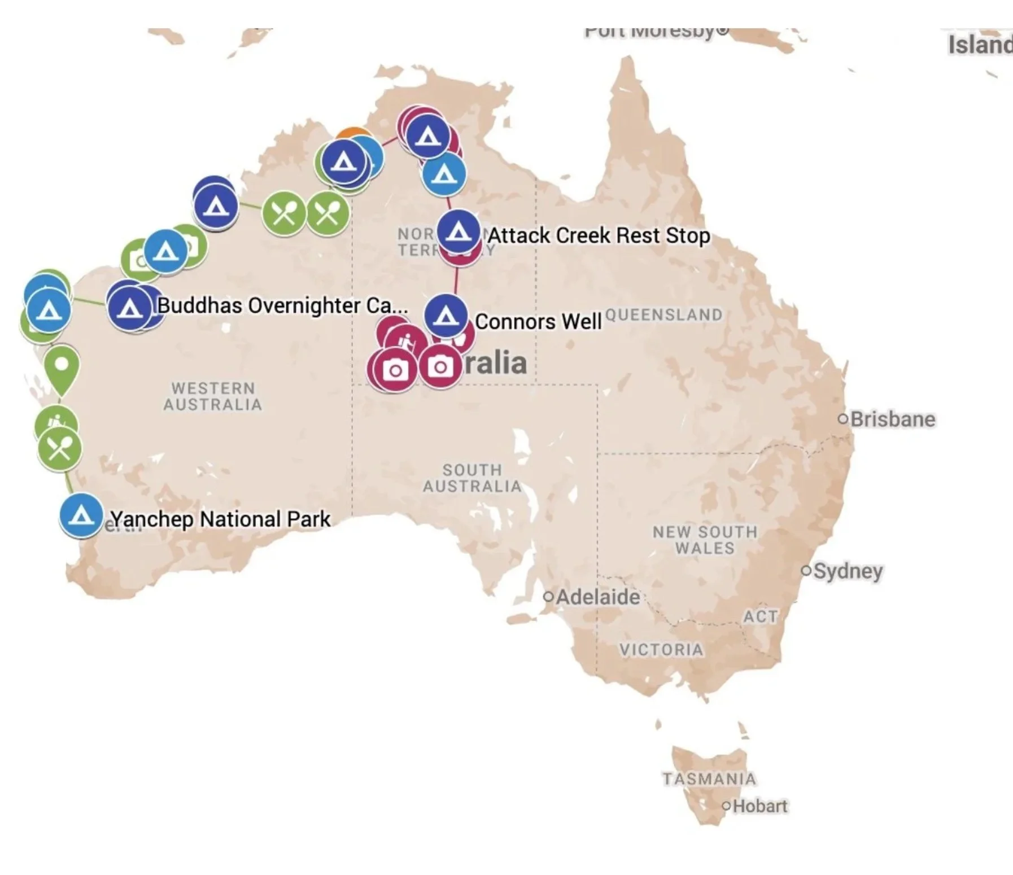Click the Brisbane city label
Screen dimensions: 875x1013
(892, 419)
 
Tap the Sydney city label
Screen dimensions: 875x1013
(848, 571)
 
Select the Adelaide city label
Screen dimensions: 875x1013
(597, 597)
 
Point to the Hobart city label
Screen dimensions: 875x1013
(759, 806)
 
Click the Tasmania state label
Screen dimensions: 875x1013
(709, 779)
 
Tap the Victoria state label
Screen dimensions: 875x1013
(661, 650)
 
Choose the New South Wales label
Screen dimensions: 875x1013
(705, 540)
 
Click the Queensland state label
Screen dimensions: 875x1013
(663, 314)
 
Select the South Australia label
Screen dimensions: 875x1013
(472, 478)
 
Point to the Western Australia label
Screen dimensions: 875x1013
(213, 396)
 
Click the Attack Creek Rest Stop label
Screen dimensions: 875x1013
(599, 235)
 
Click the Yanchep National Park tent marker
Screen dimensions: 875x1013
(81, 515)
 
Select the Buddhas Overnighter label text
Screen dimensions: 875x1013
(282, 305)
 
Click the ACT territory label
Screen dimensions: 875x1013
(760, 616)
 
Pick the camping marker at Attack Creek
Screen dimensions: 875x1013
(459, 231)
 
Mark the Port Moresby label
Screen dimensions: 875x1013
(649, 32)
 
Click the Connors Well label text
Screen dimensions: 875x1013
(538, 322)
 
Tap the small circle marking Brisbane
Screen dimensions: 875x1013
(843, 419)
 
